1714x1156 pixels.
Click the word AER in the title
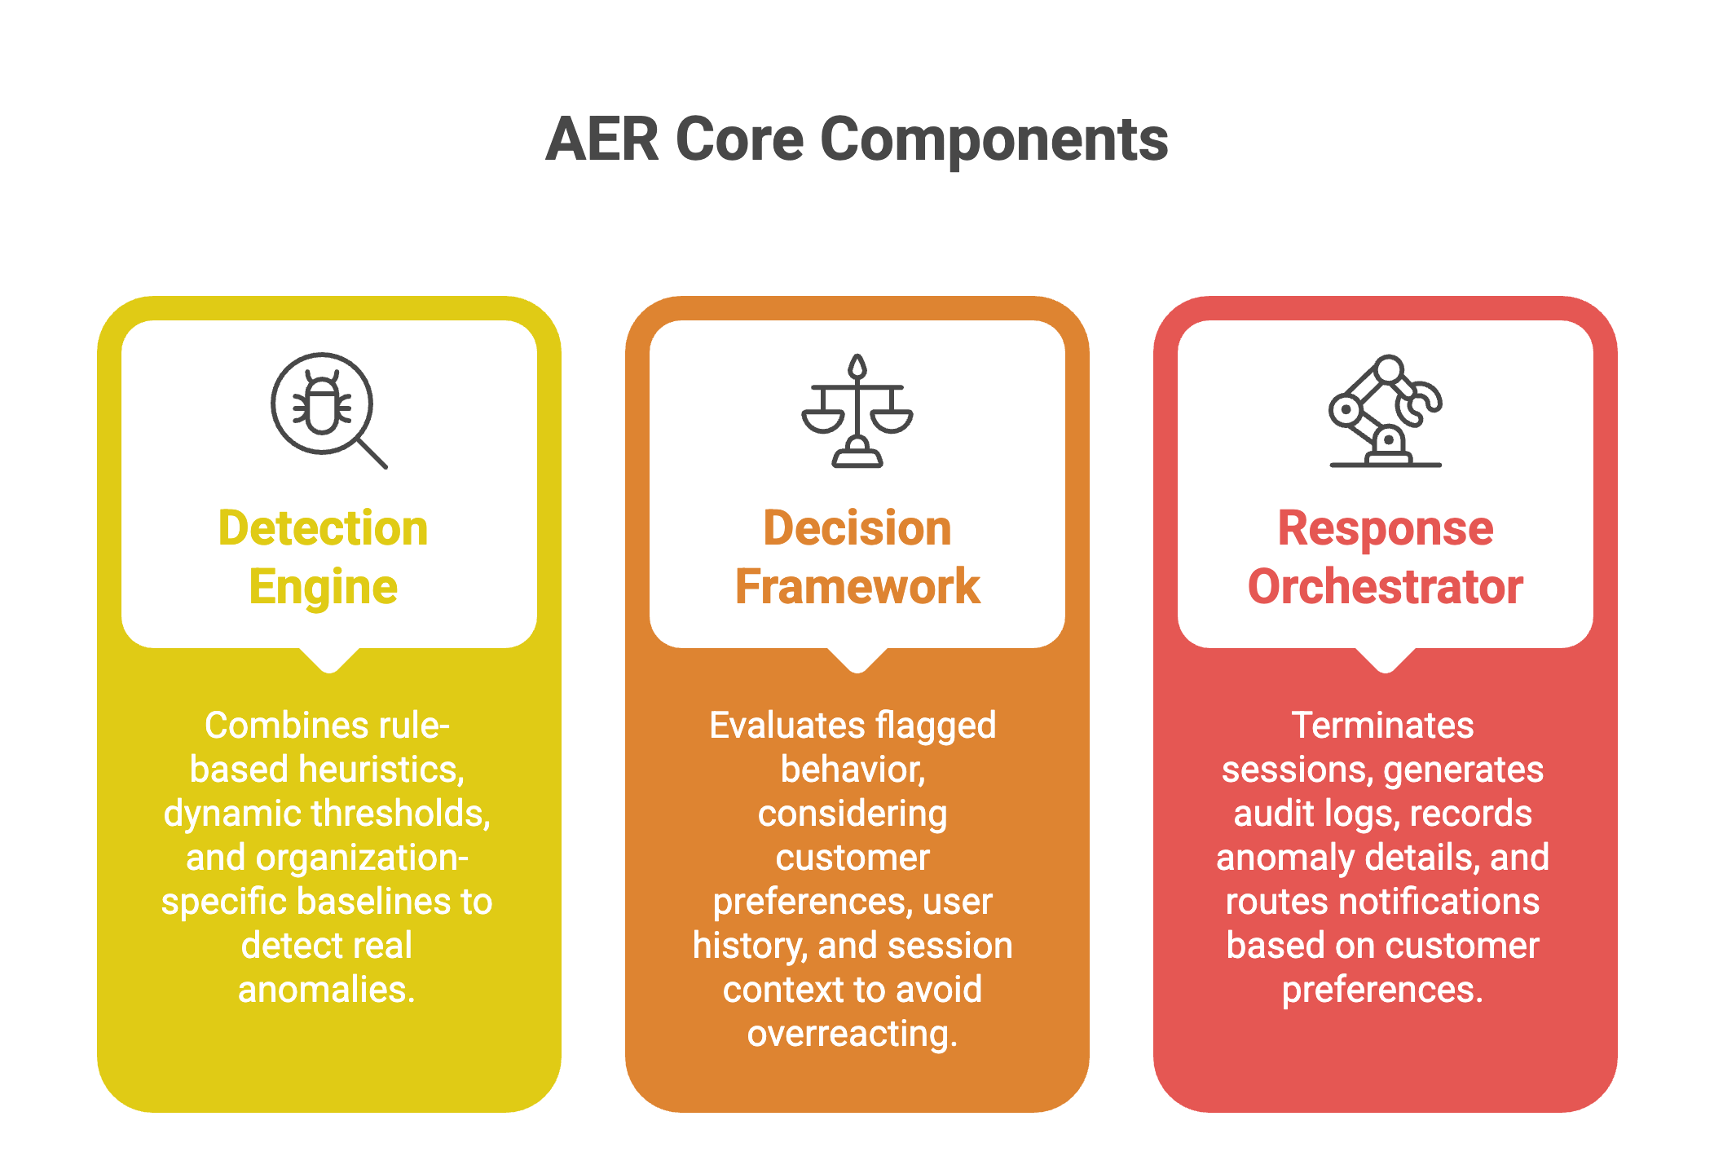pyautogui.click(x=602, y=139)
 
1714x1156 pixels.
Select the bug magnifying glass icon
pyautogui.click(x=328, y=410)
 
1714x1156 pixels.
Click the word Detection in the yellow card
pyautogui.click(x=324, y=528)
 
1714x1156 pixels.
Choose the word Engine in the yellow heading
pyautogui.click(x=324, y=588)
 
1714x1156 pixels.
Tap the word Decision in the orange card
pyautogui.click(x=857, y=528)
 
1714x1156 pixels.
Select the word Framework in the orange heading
pyautogui.click(x=857, y=587)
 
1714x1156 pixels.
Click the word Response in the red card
pyautogui.click(x=1386, y=529)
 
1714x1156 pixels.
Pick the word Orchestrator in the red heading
pyautogui.click(x=1386, y=587)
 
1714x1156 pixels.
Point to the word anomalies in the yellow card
pyautogui.click(x=327, y=990)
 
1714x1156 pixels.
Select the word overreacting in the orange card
pyautogui.click(x=853, y=1035)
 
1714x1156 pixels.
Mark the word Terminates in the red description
pyautogui.click(x=1383, y=726)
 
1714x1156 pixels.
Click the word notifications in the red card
pyautogui.click(x=1435, y=902)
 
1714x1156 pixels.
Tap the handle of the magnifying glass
pyautogui.click(x=373, y=454)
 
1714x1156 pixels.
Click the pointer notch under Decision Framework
pyautogui.click(x=857, y=660)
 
